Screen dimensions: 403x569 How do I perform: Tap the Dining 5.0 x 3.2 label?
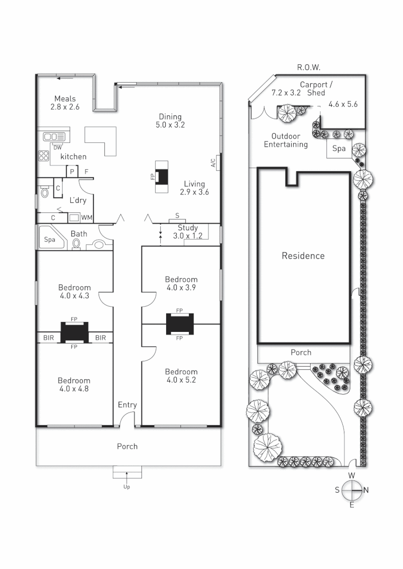170,121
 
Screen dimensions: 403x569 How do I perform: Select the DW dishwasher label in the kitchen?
57,147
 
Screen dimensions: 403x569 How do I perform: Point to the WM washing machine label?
87,217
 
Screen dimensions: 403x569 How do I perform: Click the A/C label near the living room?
213,163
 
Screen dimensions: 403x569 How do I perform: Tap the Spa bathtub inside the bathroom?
50,239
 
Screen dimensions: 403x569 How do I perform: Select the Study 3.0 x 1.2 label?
187,232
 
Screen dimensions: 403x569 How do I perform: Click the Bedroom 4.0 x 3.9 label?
181,283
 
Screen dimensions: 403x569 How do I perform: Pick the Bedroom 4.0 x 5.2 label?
181,376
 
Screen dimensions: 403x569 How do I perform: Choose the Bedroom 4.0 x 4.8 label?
74,385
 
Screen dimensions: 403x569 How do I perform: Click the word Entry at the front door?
127,405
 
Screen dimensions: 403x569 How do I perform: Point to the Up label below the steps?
127,487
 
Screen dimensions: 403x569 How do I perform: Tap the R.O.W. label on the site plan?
309,67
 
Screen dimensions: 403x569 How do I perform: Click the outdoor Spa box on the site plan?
339,149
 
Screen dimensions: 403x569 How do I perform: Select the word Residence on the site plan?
303,256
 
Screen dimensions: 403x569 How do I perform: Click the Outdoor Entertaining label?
285,140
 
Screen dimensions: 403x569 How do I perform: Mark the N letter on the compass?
366,490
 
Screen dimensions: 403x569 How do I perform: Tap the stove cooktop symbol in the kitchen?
43,156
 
